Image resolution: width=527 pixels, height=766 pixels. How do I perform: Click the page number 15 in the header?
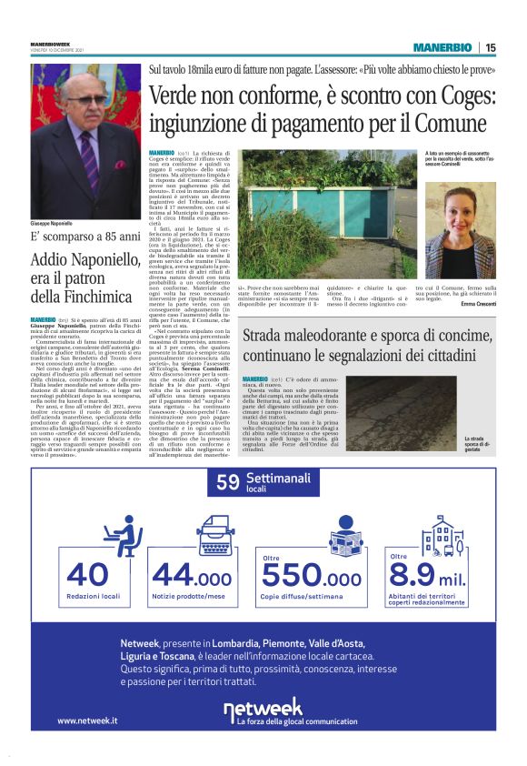tap(491, 47)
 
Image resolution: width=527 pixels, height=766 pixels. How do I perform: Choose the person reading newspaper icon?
tap(345, 536)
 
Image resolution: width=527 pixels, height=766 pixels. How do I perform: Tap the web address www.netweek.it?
tap(87, 721)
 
